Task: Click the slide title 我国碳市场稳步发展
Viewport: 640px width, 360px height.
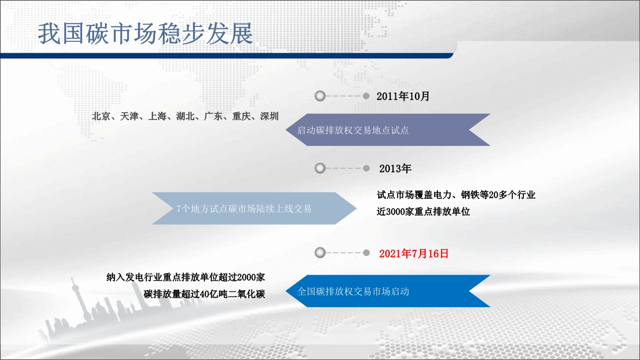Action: tap(145, 34)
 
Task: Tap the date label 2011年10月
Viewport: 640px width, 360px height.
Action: tap(403, 96)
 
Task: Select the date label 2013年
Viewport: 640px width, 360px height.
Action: tap(395, 168)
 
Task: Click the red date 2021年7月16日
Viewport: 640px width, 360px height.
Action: tap(414, 253)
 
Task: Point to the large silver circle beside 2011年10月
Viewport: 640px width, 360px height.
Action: tap(320, 96)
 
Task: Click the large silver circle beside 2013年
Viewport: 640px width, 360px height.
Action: tap(320, 168)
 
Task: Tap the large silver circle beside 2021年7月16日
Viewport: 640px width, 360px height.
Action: tap(320, 252)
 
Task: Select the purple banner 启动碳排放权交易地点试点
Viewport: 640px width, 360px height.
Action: tap(388, 130)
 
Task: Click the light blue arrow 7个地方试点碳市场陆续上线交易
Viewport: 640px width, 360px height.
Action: tap(254, 208)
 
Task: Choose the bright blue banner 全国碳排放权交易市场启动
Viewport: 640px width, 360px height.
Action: tap(388, 291)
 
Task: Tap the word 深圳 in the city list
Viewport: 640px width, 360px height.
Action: tap(269, 116)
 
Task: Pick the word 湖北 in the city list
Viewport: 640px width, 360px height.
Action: tap(185, 116)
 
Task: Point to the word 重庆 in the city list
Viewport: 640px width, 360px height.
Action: tap(242, 116)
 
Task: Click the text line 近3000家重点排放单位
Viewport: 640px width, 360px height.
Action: tap(423, 212)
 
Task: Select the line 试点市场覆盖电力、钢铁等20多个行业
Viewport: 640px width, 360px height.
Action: tap(456, 195)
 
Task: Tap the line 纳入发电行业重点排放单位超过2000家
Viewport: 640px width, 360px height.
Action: tap(186, 277)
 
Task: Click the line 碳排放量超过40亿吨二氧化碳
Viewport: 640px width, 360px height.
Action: tap(204, 294)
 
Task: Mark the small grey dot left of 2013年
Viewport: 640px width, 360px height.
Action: tap(366, 168)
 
